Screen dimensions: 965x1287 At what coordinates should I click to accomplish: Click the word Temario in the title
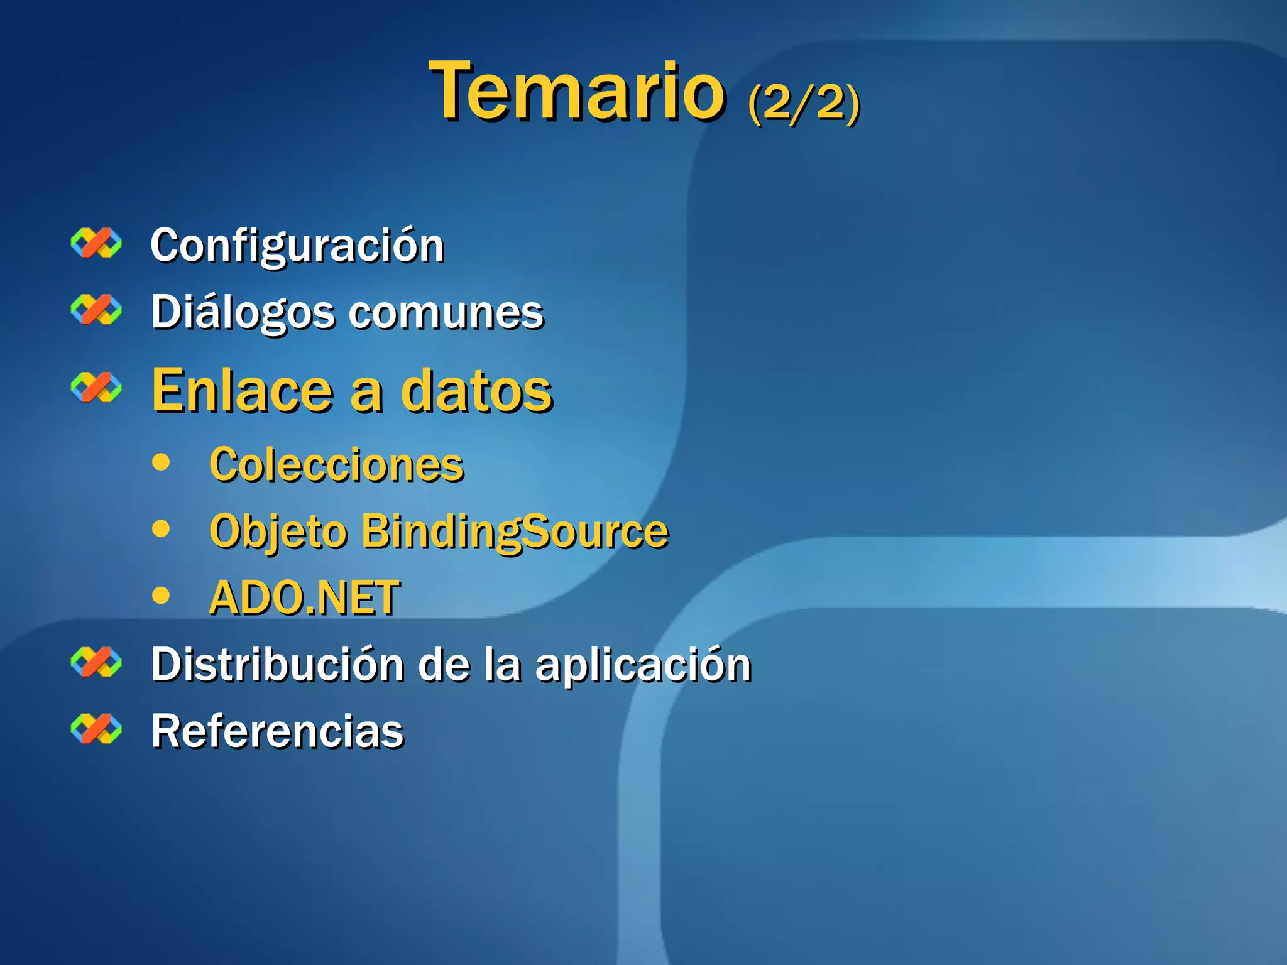[x=577, y=91]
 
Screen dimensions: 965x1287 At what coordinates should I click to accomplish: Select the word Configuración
[x=297, y=246]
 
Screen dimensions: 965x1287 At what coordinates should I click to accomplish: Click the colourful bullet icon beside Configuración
[x=96, y=243]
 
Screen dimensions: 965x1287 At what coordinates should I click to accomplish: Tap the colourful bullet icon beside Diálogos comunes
[x=96, y=310]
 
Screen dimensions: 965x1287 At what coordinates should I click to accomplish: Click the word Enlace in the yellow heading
[x=242, y=391]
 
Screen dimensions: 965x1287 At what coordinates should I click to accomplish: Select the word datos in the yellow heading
[x=477, y=391]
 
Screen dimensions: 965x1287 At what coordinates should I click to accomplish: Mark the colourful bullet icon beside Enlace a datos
[x=96, y=387]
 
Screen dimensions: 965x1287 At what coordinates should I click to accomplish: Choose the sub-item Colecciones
[x=337, y=465]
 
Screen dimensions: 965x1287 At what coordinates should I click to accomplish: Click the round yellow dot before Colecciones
[x=162, y=462]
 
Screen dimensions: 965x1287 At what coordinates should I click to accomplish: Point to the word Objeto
[x=278, y=533]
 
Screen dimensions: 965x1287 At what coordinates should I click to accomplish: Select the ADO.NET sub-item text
[x=304, y=597]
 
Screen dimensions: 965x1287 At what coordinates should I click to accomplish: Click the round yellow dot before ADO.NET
[x=162, y=595]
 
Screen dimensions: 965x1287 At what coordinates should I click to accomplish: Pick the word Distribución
[x=277, y=665]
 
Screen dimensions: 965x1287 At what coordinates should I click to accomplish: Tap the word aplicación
[x=643, y=666]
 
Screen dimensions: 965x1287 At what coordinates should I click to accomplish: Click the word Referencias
[x=277, y=731]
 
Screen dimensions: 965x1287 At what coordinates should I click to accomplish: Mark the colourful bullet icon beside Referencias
[x=96, y=729]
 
